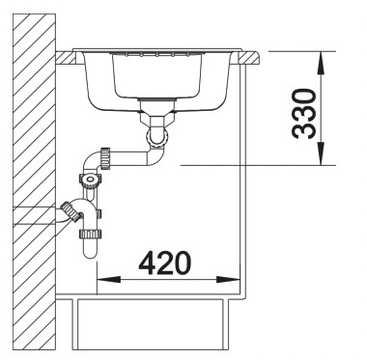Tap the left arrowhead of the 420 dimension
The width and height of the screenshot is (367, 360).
(103, 281)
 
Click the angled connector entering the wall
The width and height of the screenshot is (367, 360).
(70, 208)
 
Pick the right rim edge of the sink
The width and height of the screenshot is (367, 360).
(249, 56)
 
